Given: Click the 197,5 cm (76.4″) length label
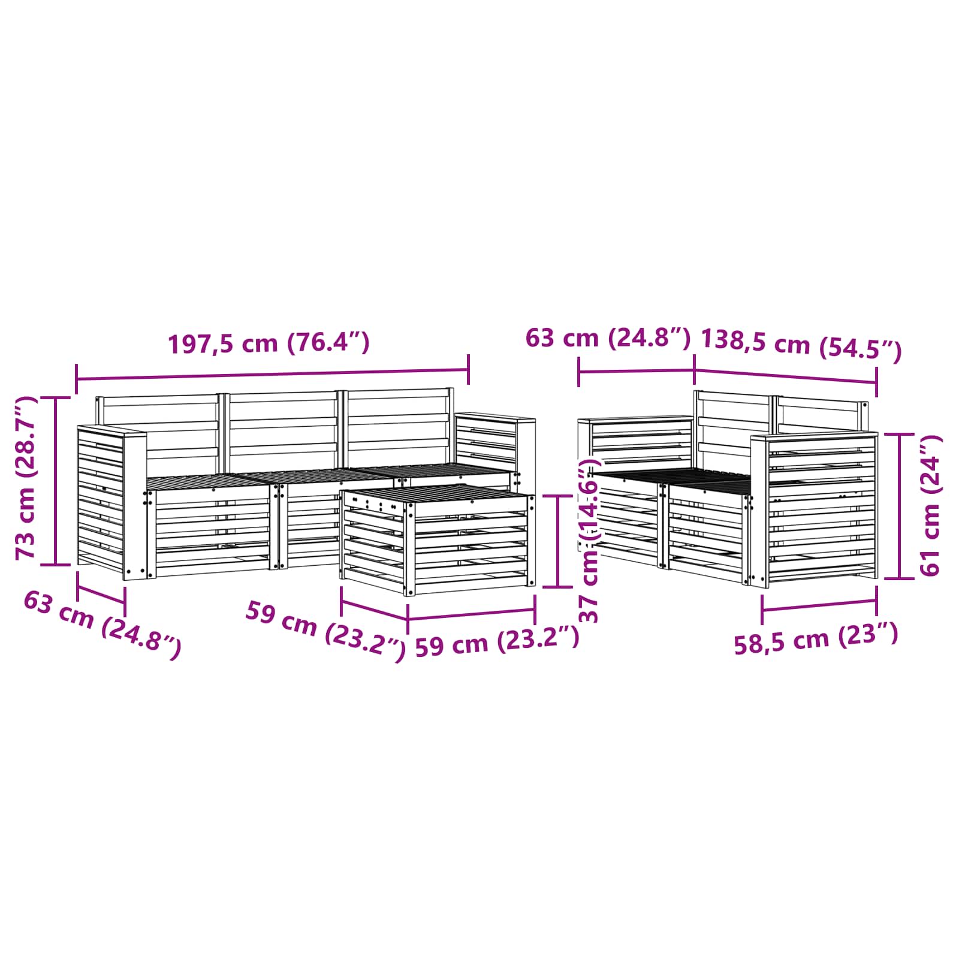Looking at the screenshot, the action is (269, 343).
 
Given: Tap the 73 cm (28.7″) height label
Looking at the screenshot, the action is (26, 478).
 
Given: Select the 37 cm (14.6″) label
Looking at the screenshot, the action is (590, 540).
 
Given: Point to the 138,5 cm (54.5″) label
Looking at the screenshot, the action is (801, 345).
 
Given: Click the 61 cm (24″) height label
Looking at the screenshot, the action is (930, 506).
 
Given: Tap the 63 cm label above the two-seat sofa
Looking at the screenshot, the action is (608, 338).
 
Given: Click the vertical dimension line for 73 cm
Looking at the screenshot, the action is (56, 481).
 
